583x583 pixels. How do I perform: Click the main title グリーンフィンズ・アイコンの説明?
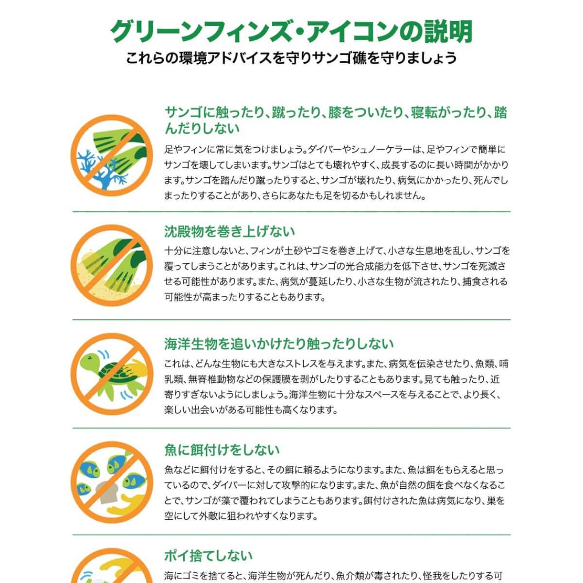pyautogui.click(x=291, y=32)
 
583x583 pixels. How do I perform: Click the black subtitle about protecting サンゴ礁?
pyautogui.click(x=291, y=58)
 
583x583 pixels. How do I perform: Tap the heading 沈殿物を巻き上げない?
pyautogui.click(x=229, y=231)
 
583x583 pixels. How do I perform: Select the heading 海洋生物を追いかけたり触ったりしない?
pyautogui.click(x=278, y=344)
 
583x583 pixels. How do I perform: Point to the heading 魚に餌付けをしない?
pyautogui.click(x=222, y=450)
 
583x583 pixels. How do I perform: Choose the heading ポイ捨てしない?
pyautogui.click(x=208, y=555)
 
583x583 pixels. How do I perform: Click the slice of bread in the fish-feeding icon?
pyautogui.click(x=105, y=491)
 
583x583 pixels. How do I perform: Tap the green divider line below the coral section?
pyautogui.click(x=291, y=212)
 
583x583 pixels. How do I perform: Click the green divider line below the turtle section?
pyautogui.click(x=291, y=429)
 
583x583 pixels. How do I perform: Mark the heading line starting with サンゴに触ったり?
pyautogui.click(x=335, y=113)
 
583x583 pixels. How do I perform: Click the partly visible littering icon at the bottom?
pyautogui.click(x=112, y=568)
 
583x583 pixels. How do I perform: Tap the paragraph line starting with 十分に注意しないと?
pyautogui.click(x=337, y=251)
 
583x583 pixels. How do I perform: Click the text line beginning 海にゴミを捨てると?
pyautogui.click(x=333, y=576)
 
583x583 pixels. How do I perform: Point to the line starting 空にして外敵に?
pyautogui.click(x=241, y=516)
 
